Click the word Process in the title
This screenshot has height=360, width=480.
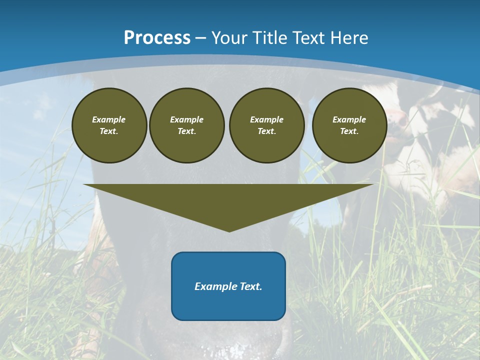click(x=157, y=38)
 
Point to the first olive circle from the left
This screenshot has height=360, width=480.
click(x=109, y=125)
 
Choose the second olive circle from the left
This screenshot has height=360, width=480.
click(x=187, y=125)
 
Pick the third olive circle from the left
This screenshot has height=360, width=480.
click(x=267, y=125)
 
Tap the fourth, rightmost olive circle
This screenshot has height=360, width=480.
click(x=349, y=125)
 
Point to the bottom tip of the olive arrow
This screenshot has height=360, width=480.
click(x=229, y=231)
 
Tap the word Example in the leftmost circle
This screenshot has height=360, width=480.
click(x=109, y=119)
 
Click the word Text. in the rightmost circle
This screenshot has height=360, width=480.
click(x=349, y=131)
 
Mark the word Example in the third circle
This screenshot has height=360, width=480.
click(x=267, y=119)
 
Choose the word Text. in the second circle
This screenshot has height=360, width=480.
click(x=187, y=131)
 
